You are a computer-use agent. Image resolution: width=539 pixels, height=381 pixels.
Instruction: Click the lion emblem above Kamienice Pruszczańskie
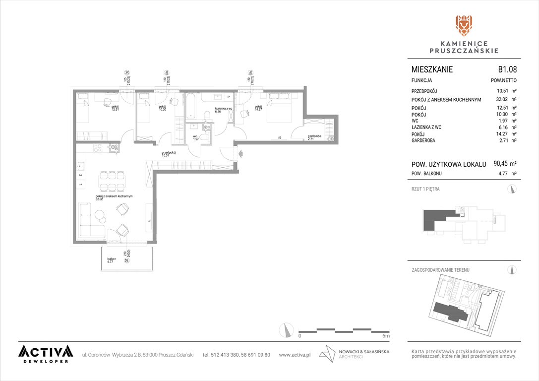[464, 25]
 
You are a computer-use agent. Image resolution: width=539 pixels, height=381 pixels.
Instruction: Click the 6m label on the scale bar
[386, 336]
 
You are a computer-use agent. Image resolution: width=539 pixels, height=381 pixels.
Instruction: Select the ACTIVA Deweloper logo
[45, 354]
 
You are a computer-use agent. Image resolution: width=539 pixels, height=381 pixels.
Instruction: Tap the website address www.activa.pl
[295, 355]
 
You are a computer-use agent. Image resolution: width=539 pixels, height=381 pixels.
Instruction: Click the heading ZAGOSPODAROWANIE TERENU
[440, 270]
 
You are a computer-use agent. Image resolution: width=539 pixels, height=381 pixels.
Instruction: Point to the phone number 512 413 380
[226, 355]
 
